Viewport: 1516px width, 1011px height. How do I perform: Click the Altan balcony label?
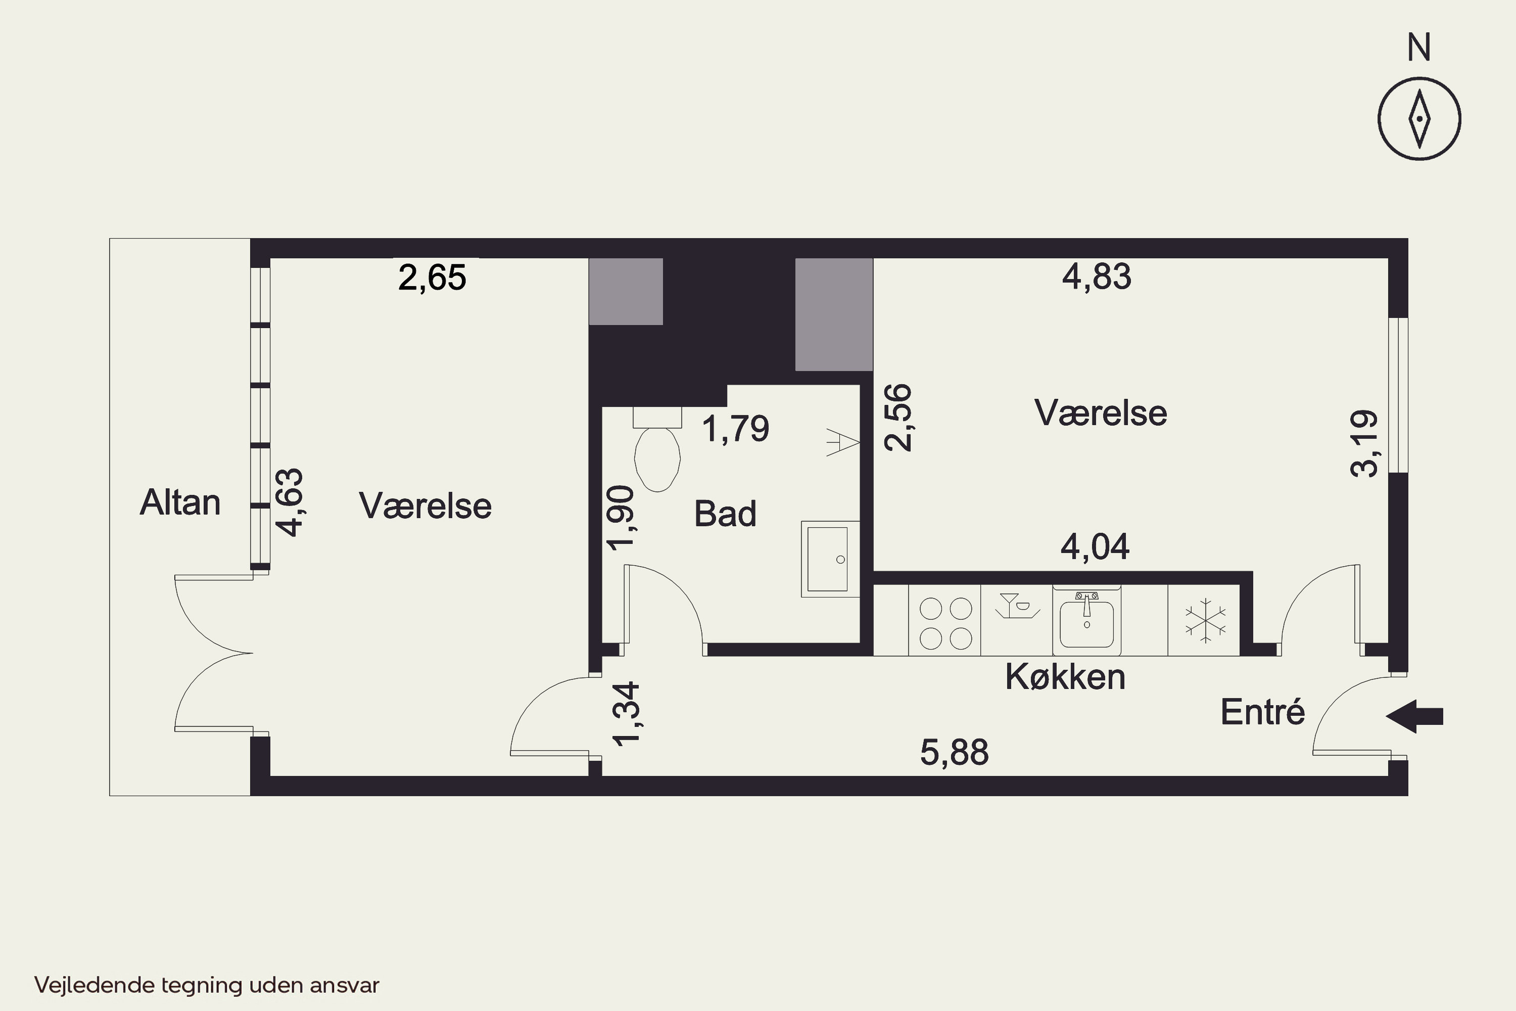coord(180,502)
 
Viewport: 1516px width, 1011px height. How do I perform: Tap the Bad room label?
coord(725,514)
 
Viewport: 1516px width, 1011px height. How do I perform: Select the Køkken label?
coord(1065,677)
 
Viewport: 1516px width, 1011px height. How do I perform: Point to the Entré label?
coord(1263,712)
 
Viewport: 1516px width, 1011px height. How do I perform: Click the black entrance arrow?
coord(1415,716)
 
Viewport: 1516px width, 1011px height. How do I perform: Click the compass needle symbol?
coord(1419,119)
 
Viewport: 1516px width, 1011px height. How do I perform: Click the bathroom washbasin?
coord(830,559)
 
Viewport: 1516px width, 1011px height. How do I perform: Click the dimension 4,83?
coord(1097,277)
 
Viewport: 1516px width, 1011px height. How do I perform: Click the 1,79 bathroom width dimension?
coord(735,429)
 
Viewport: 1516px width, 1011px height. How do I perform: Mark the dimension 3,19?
coord(1364,444)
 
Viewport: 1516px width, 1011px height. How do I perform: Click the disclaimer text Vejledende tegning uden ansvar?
coord(207,985)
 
